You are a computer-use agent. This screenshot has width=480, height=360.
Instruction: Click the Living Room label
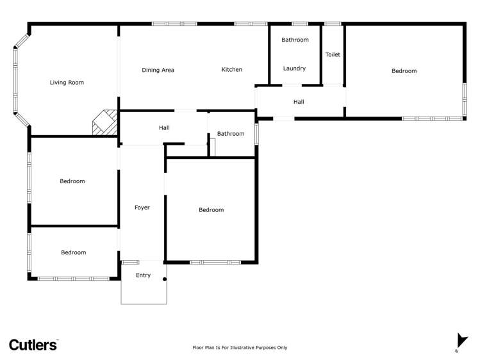click(67, 83)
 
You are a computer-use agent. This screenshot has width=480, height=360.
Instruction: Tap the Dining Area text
click(158, 70)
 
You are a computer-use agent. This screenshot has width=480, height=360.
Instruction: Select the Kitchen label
click(231, 70)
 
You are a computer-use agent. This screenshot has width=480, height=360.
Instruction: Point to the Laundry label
click(294, 69)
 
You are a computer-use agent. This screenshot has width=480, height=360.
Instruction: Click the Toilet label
click(333, 55)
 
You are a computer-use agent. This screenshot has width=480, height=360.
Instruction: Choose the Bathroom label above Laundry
click(295, 40)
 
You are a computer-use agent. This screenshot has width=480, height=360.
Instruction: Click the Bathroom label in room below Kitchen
click(231, 134)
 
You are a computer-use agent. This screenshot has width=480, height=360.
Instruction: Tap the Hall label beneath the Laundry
click(299, 102)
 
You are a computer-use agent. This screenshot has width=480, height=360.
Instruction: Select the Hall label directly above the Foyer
click(164, 128)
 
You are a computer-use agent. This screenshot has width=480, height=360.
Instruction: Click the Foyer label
click(142, 208)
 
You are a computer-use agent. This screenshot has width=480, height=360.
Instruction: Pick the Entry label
click(144, 275)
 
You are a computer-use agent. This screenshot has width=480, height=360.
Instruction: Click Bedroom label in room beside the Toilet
click(404, 71)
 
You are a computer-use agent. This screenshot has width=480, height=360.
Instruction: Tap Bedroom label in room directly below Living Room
click(72, 181)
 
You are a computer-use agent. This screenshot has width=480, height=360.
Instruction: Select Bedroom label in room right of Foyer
click(211, 210)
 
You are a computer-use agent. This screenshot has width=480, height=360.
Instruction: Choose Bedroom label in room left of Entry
click(73, 252)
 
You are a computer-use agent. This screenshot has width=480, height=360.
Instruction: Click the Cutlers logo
click(33, 345)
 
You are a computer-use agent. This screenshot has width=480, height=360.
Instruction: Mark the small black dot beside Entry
click(165, 279)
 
